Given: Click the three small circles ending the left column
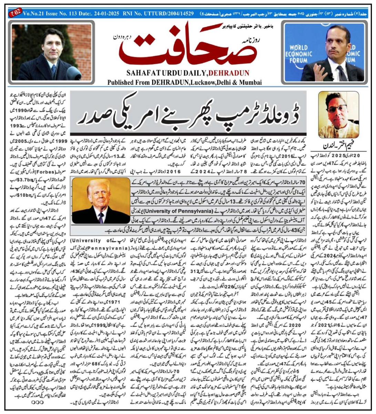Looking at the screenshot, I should tap(37, 402).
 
